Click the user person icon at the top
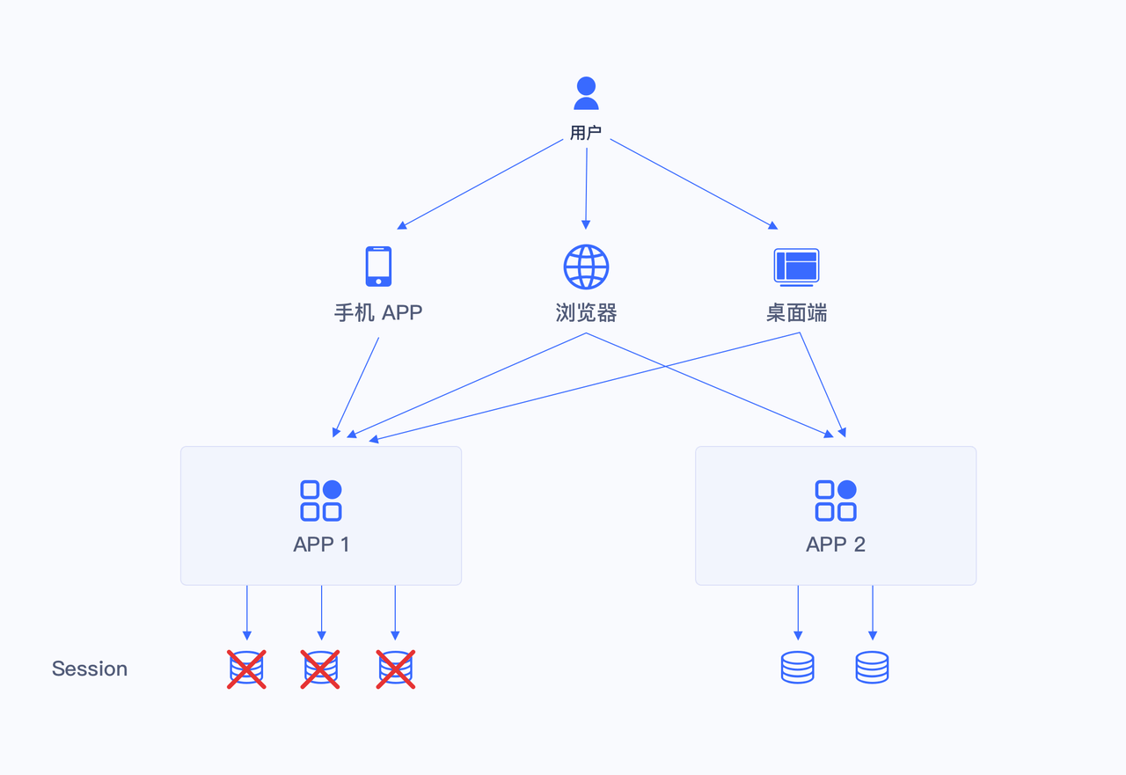coord(586,93)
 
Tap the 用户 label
coord(586,133)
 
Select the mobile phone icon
coord(378,266)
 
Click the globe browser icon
coord(586,267)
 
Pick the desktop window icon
coord(796,267)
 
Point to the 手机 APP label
coord(378,312)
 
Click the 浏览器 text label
coord(586,312)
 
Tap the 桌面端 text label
coord(796,312)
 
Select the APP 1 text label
coord(321,545)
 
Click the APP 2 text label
coord(836,545)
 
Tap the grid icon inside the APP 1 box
coord(321,501)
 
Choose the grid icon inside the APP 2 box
coord(836,501)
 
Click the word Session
coord(90,669)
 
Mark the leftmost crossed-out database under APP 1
coord(246,669)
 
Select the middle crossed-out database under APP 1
coord(320,669)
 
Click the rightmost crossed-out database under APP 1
coord(396,669)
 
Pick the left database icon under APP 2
coord(798,668)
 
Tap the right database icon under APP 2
coord(872,668)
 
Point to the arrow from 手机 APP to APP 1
coord(356,387)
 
